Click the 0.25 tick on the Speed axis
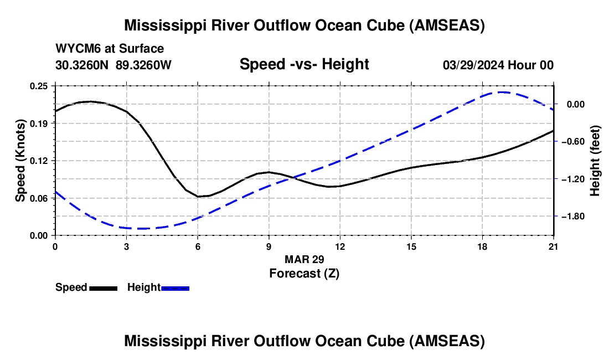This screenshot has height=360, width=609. point(39,86)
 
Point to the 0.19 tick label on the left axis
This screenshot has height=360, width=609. point(39,124)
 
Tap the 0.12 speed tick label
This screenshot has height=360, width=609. point(39,161)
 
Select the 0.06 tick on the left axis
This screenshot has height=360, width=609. point(39,198)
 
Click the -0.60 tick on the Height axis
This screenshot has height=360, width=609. point(573,142)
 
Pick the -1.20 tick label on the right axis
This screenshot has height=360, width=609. point(573,179)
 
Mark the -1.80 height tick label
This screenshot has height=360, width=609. point(573,217)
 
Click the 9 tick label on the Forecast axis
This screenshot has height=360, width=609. point(269,246)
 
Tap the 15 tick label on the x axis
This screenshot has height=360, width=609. point(411,246)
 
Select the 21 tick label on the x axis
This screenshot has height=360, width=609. point(554,246)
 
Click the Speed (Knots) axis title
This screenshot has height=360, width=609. point(20,161)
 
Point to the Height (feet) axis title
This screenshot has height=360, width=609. point(595,161)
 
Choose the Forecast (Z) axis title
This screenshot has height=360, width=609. point(304,274)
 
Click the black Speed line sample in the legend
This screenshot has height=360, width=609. point(104,289)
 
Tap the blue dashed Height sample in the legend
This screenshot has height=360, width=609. point(175,289)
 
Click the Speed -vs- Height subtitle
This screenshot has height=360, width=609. point(304,64)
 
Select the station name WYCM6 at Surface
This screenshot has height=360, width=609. point(110,49)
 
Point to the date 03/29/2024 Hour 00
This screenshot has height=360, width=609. point(498,65)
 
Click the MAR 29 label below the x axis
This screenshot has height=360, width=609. point(304,259)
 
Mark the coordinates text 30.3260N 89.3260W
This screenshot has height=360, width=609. point(113,65)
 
